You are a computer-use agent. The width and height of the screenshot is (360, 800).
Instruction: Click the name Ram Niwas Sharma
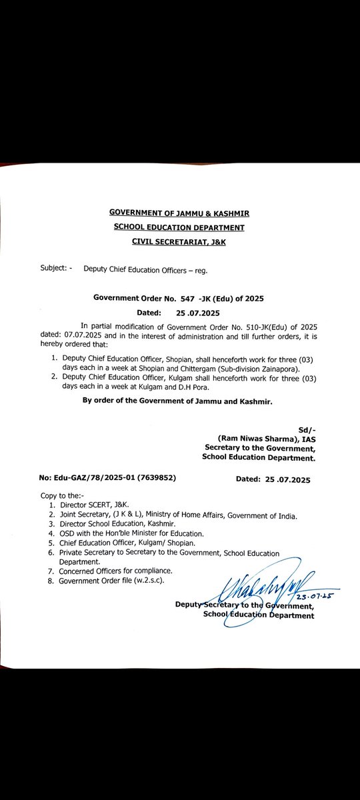click(247, 441)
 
